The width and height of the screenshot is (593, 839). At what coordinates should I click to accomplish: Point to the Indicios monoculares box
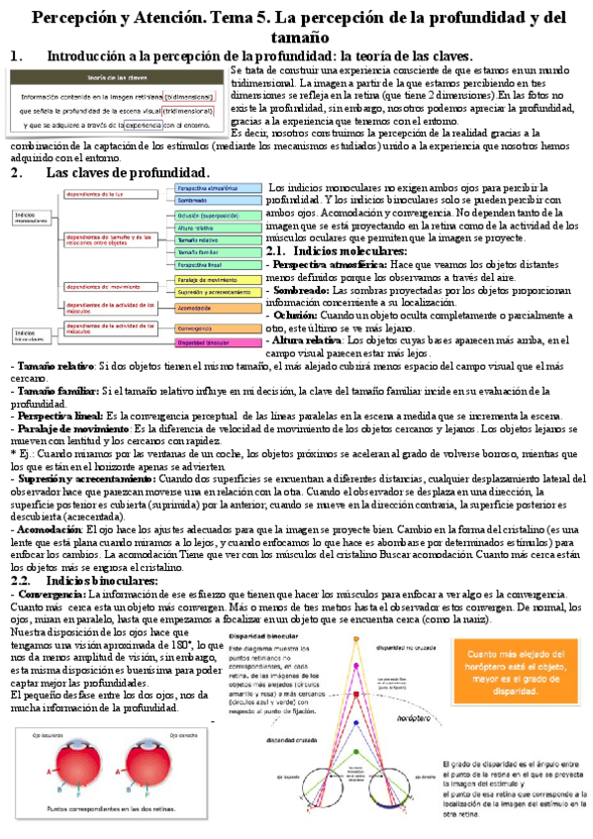tap(34, 217)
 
